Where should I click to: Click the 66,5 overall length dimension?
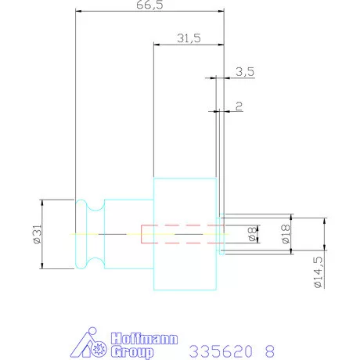(x=149, y=5)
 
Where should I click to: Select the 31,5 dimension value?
(x=189, y=38)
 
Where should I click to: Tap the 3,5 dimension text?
(x=245, y=71)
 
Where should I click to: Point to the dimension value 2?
(x=239, y=106)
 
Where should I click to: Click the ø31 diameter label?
(x=38, y=234)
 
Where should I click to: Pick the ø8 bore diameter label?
(x=252, y=234)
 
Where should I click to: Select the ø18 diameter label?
(x=286, y=234)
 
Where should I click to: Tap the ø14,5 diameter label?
(x=319, y=272)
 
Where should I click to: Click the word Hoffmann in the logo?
(x=144, y=339)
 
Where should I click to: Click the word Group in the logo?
(x=132, y=352)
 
